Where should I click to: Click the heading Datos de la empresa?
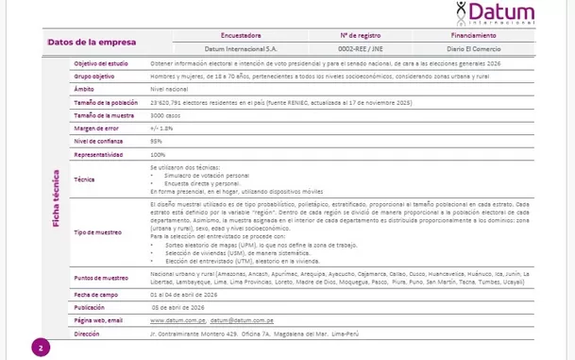coord(92,42)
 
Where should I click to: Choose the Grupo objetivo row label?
coord(94,75)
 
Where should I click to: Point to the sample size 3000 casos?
coord(168,114)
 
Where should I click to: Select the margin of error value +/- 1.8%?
coord(162,128)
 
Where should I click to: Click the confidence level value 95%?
coord(156,141)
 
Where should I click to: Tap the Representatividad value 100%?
coord(158,154)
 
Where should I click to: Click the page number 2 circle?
coord(42,348)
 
